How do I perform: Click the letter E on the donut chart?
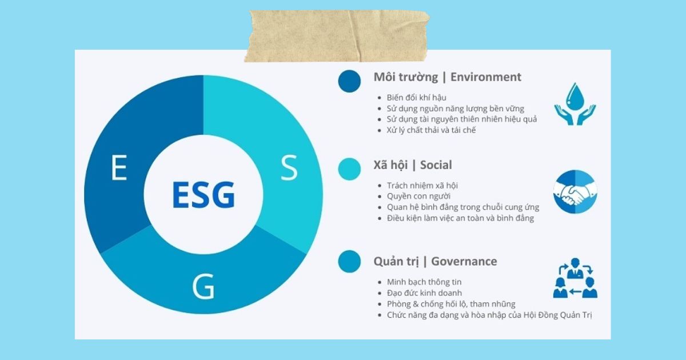pyautogui.click(x=119, y=167)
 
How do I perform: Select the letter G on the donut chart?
pyautogui.click(x=204, y=286)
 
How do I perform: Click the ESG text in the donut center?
pyautogui.click(x=204, y=195)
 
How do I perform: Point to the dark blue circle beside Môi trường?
pyautogui.click(x=349, y=81)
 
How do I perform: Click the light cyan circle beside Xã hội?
pyautogui.click(x=349, y=169)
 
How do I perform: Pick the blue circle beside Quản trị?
pyautogui.click(x=349, y=262)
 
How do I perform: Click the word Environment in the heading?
pyautogui.click(x=486, y=77)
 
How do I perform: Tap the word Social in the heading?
pyautogui.click(x=436, y=165)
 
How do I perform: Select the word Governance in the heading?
pyautogui.click(x=464, y=262)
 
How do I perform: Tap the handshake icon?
pyautogui.click(x=575, y=191)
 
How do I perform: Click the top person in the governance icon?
pyautogui.click(x=575, y=269)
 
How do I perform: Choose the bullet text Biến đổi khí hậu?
pyautogui.click(x=416, y=98)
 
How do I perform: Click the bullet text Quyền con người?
pyautogui.click(x=418, y=196)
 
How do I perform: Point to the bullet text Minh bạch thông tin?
pyautogui.click(x=424, y=282)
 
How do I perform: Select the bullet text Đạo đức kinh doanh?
pyautogui.click(x=424, y=293)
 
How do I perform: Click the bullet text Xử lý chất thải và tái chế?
pyautogui.click(x=431, y=130)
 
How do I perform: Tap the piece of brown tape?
pyautogui.click(x=337, y=36)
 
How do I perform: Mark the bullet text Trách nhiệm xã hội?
pyautogui.click(x=422, y=186)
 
